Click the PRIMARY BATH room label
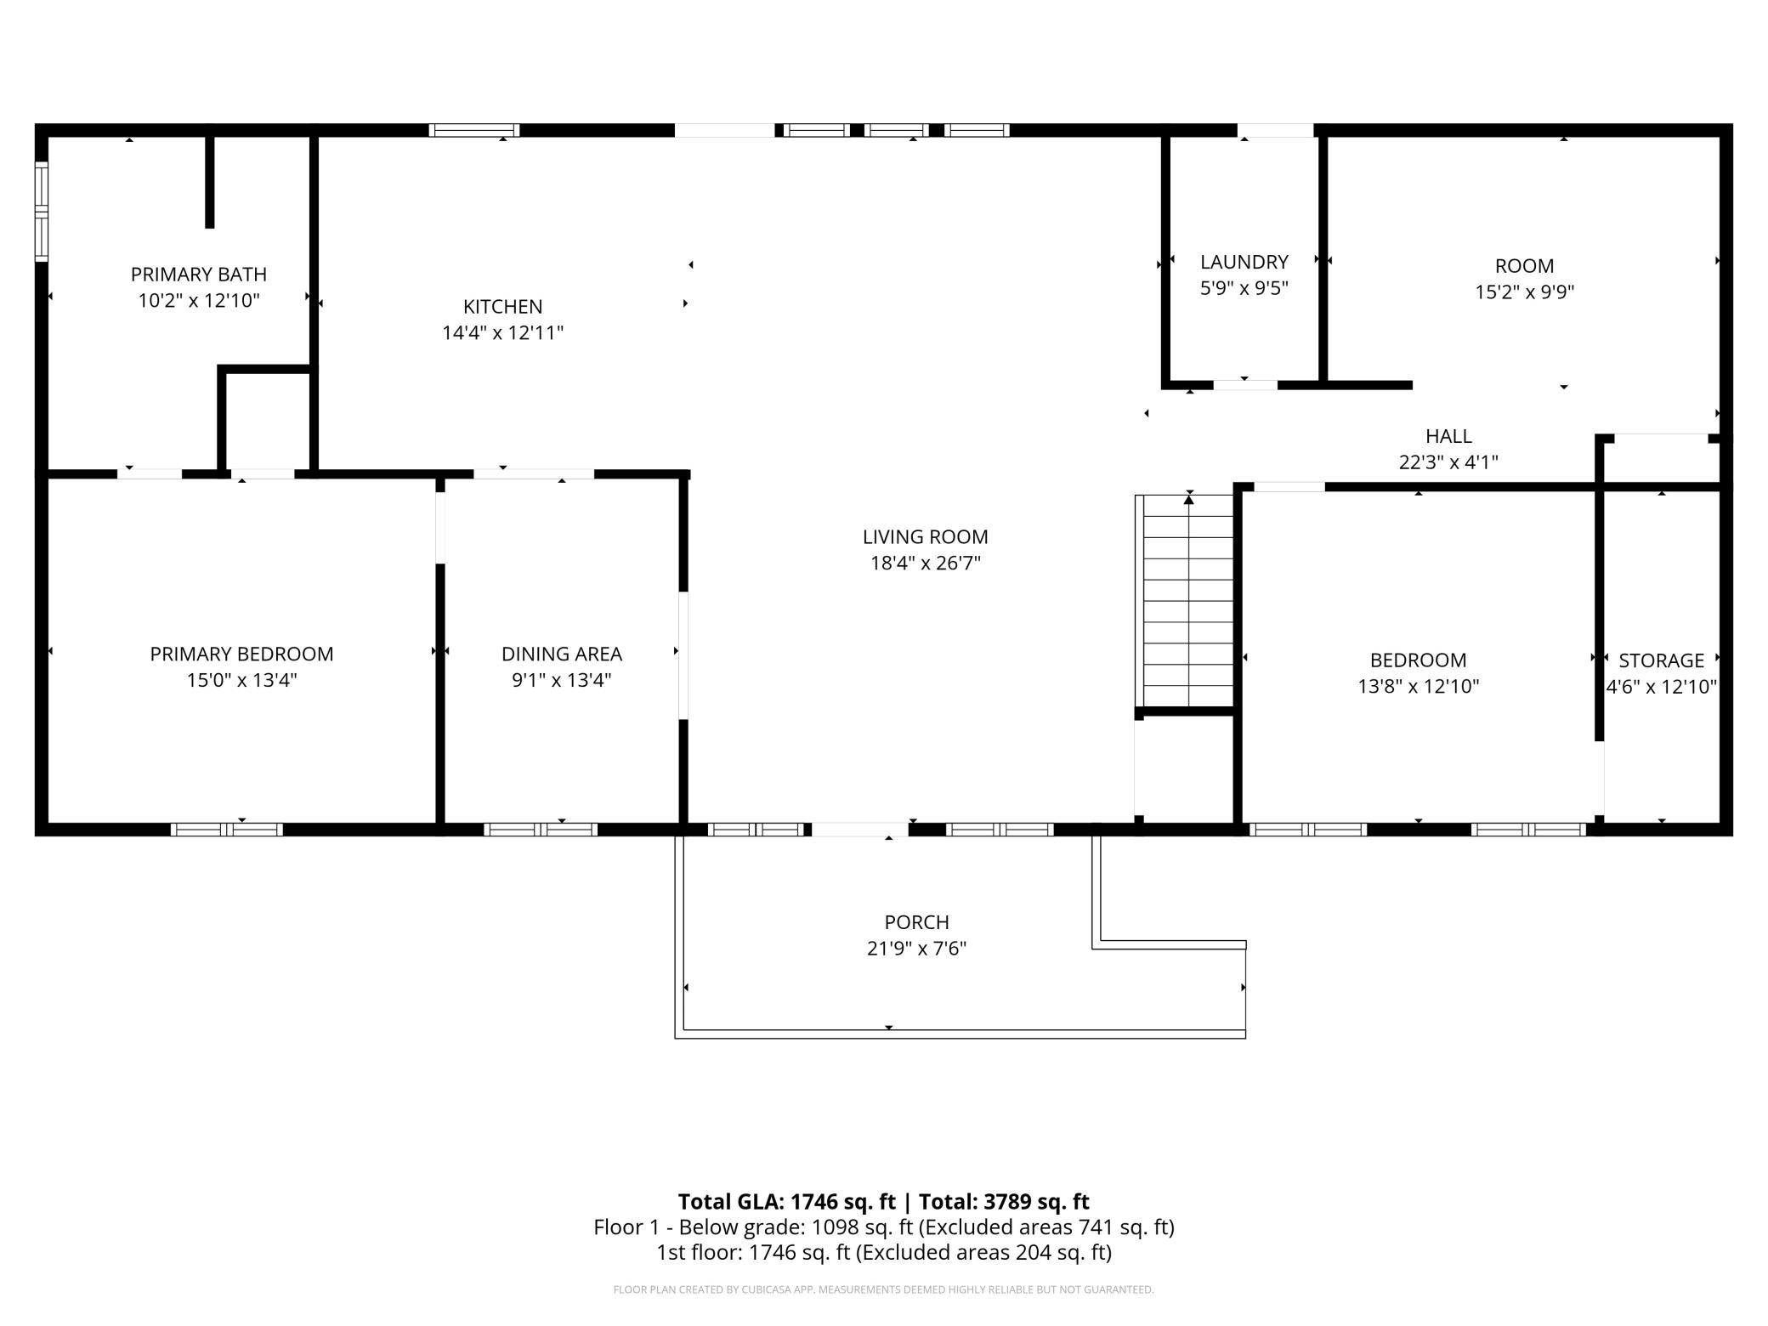point(198,275)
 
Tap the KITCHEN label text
point(502,307)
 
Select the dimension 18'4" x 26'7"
point(926,564)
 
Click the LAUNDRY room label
point(1244,262)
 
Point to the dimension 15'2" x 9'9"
point(1524,292)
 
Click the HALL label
point(1448,436)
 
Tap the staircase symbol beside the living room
point(1188,601)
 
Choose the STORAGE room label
point(1661,660)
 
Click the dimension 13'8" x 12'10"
point(1418,687)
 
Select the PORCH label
point(916,922)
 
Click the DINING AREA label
point(561,654)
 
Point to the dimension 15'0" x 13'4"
point(241,680)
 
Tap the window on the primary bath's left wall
point(41,211)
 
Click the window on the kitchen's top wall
point(474,130)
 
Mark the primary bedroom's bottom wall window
point(227,830)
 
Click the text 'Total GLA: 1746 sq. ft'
point(786,1201)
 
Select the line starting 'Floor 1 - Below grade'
point(884,1227)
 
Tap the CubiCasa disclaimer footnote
point(884,1289)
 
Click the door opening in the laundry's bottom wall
point(1244,385)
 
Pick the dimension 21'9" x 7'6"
point(916,949)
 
